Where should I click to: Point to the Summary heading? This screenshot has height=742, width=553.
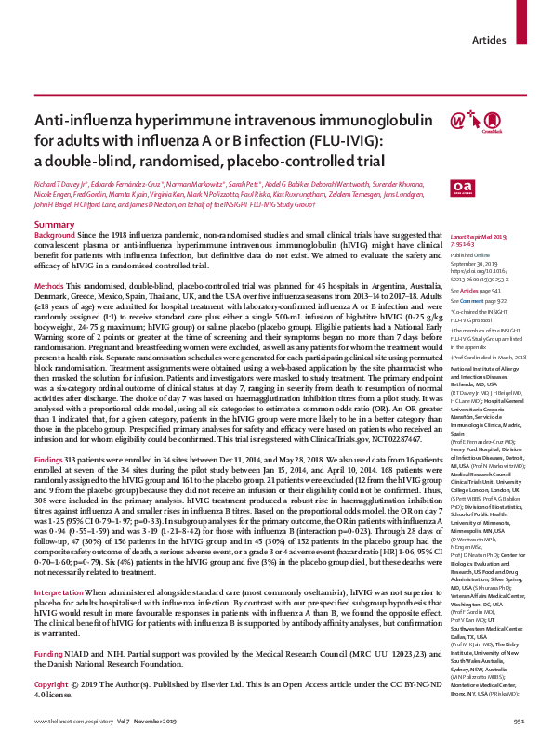point(54,226)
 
